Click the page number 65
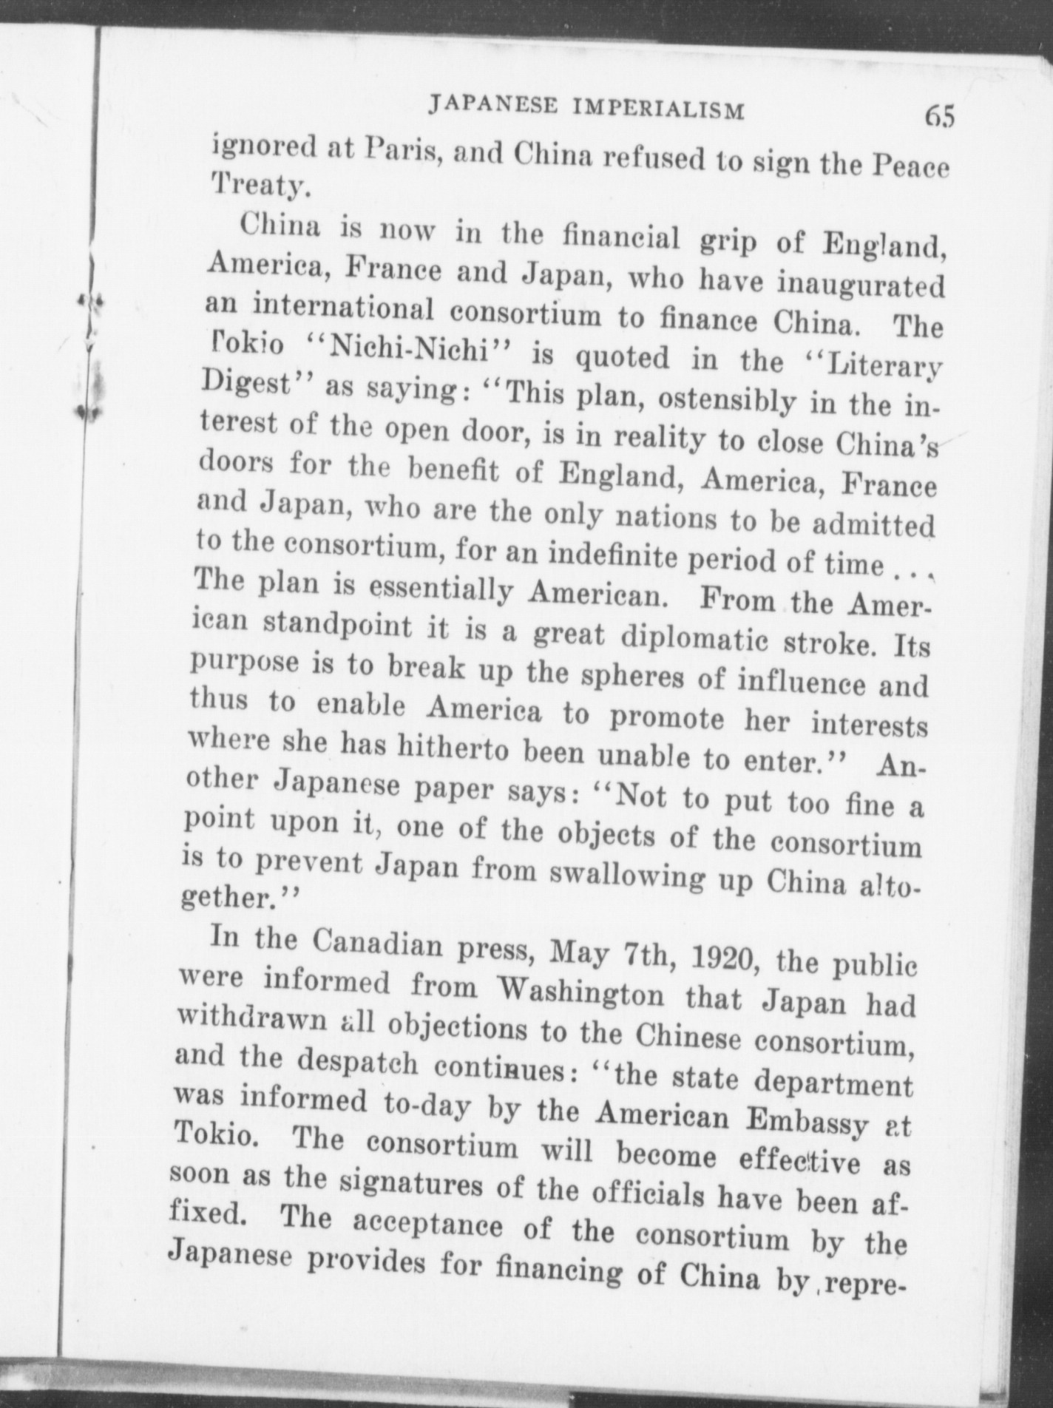(938, 118)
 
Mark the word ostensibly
(728, 402)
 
